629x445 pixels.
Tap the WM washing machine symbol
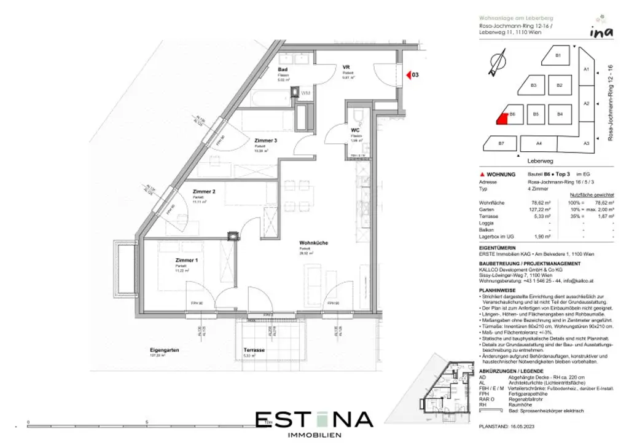point(305,93)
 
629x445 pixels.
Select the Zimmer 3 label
point(265,141)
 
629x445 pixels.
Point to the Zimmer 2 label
point(204,192)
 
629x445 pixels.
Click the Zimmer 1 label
point(187,260)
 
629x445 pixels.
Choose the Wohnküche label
point(313,243)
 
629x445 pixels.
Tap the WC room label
point(354,131)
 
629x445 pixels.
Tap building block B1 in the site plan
point(558,56)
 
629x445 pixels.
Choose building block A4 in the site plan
point(538,144)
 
